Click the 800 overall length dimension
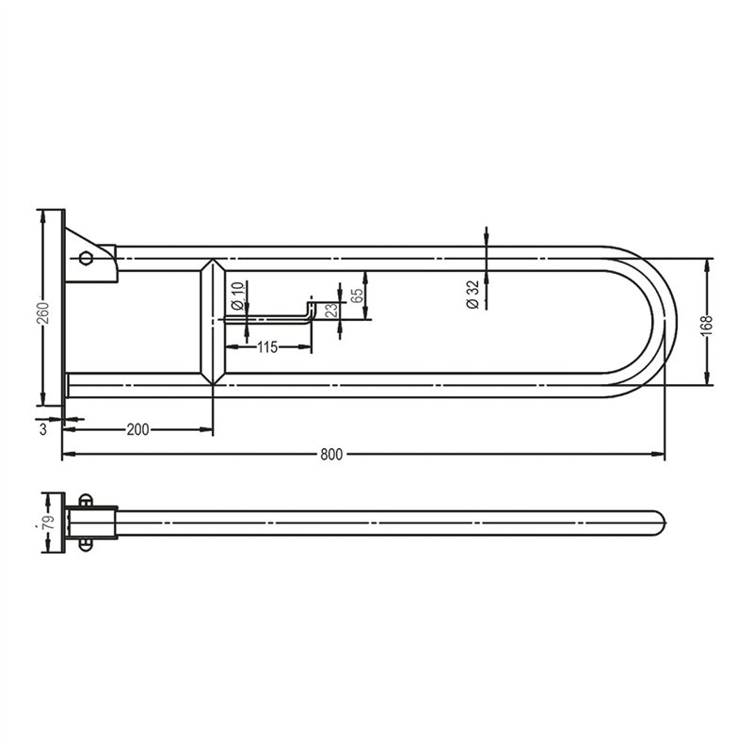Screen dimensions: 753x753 [331, 455]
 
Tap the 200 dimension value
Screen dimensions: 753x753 [137, 429]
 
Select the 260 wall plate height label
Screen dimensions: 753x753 [43, 312]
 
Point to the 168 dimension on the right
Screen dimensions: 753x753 [708, 326]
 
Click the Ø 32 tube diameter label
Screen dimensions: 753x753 [473, 295]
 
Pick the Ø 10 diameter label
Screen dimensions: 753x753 [238, 296]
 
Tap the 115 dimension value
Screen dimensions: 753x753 [267, 346]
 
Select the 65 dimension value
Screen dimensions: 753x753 [357, 296]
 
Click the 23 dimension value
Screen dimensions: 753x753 [332, 311]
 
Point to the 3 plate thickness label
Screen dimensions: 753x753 [43, 429]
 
